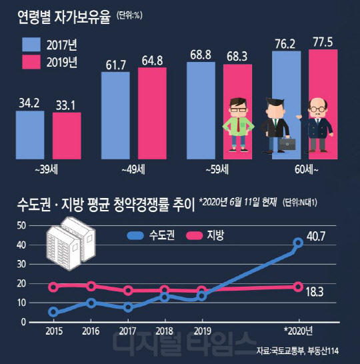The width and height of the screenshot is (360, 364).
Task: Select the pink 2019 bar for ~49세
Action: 152,113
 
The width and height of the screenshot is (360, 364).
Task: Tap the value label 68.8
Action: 200,52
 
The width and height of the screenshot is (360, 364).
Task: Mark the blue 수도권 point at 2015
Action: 53,311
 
